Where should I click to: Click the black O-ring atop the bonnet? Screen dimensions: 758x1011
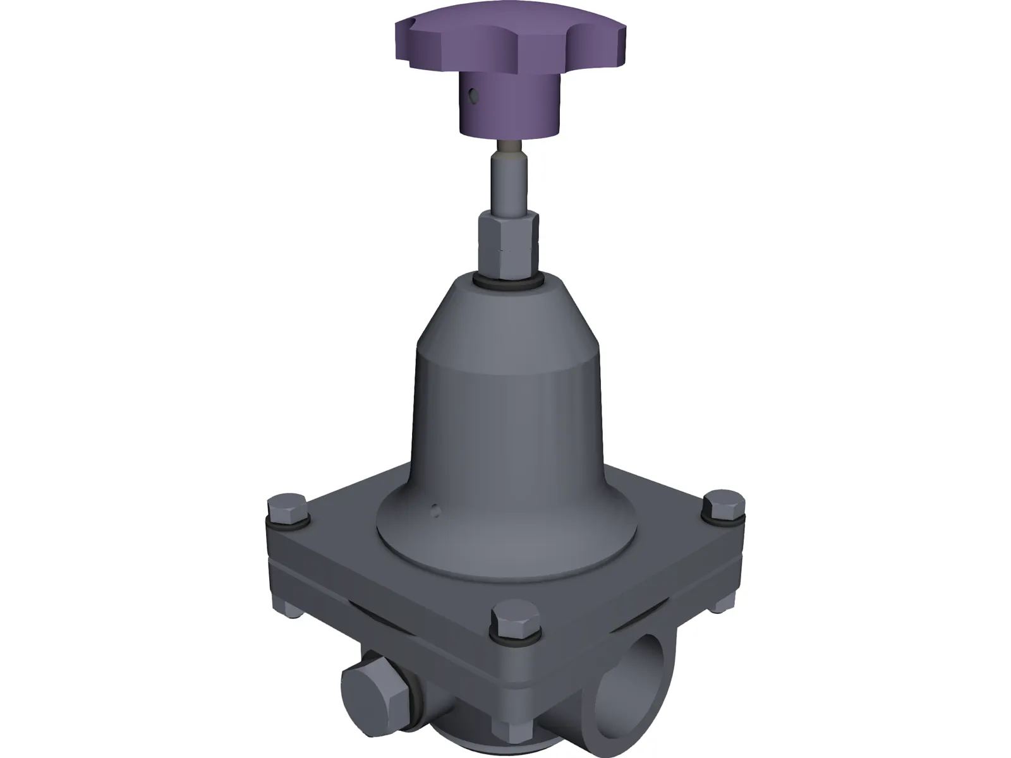point(509,281)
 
